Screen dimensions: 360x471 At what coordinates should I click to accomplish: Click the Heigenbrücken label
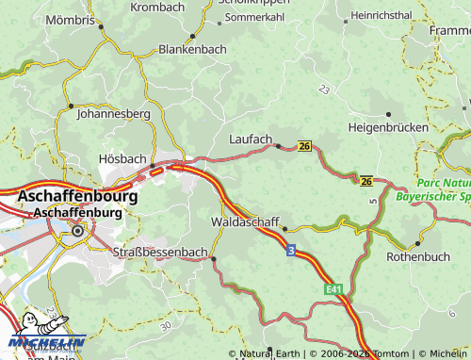[x=388, y=126]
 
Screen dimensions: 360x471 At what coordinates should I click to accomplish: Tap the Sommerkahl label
[x=253, y=17]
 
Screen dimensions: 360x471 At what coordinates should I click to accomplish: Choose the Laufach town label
[x=251, y=139]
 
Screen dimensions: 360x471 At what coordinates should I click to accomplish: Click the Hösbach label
[x=122, y=160]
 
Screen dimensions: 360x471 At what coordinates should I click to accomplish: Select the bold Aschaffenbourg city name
[x=77, y=197]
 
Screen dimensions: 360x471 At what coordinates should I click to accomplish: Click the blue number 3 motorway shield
[x=290, y=250]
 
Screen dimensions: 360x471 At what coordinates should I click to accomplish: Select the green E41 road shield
[x=331, y=290]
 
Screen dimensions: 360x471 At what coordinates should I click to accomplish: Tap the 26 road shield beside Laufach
[x=303, y=146]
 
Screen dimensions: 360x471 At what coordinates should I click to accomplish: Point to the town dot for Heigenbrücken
[x=388, y=114]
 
